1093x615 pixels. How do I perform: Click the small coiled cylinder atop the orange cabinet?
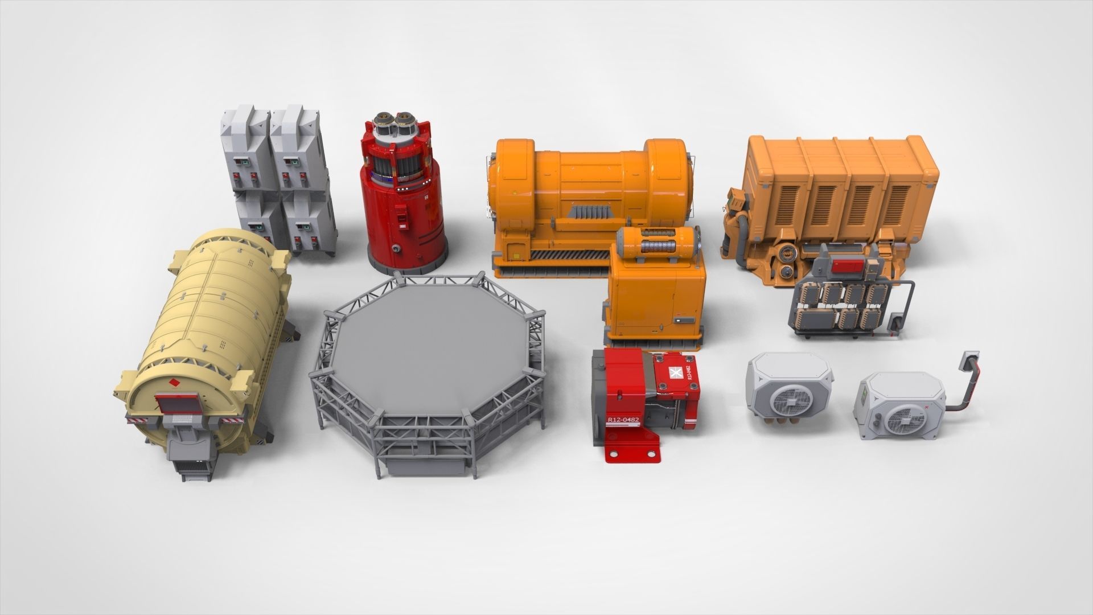click(660, 244)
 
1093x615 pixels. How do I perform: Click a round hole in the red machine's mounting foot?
click(615, 453)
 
